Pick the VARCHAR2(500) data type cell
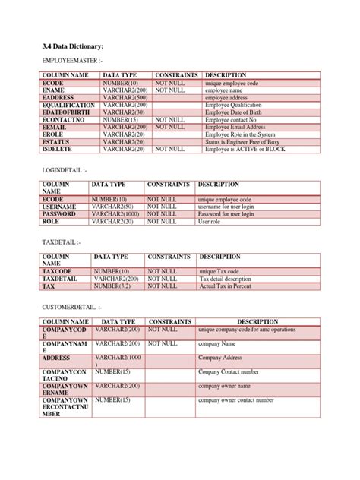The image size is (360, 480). click(124, 97)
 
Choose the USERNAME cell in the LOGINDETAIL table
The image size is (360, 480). click(59, 207)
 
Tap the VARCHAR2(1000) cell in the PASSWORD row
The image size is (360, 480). click(117, 214)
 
